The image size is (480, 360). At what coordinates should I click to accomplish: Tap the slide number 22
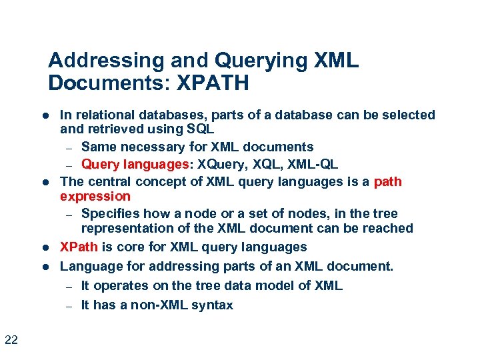(11, 341)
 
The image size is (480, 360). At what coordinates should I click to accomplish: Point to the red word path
(388, 182)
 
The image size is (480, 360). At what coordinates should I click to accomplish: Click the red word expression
(95, 196)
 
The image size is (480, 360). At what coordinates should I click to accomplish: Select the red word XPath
(79, 247)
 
